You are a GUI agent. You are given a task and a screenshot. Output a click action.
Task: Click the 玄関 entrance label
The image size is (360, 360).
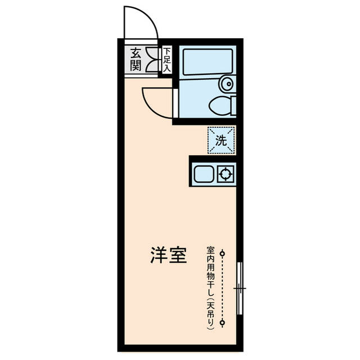click(136, 60)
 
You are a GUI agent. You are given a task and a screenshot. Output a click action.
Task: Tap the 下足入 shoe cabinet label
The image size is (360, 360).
click(167, 60)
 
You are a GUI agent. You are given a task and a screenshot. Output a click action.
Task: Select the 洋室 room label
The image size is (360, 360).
click(168, 256)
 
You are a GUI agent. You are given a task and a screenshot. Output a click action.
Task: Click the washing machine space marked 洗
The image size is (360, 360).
click(222, 141)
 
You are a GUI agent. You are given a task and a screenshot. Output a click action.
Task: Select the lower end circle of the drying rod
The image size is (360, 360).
click(223, 322)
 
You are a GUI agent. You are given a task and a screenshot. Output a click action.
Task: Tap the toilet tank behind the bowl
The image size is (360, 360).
click(233, 105)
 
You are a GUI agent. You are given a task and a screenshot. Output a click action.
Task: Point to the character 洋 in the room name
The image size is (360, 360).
click(158, 256)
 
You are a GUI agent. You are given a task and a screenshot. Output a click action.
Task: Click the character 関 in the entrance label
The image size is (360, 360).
click(136, 65)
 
